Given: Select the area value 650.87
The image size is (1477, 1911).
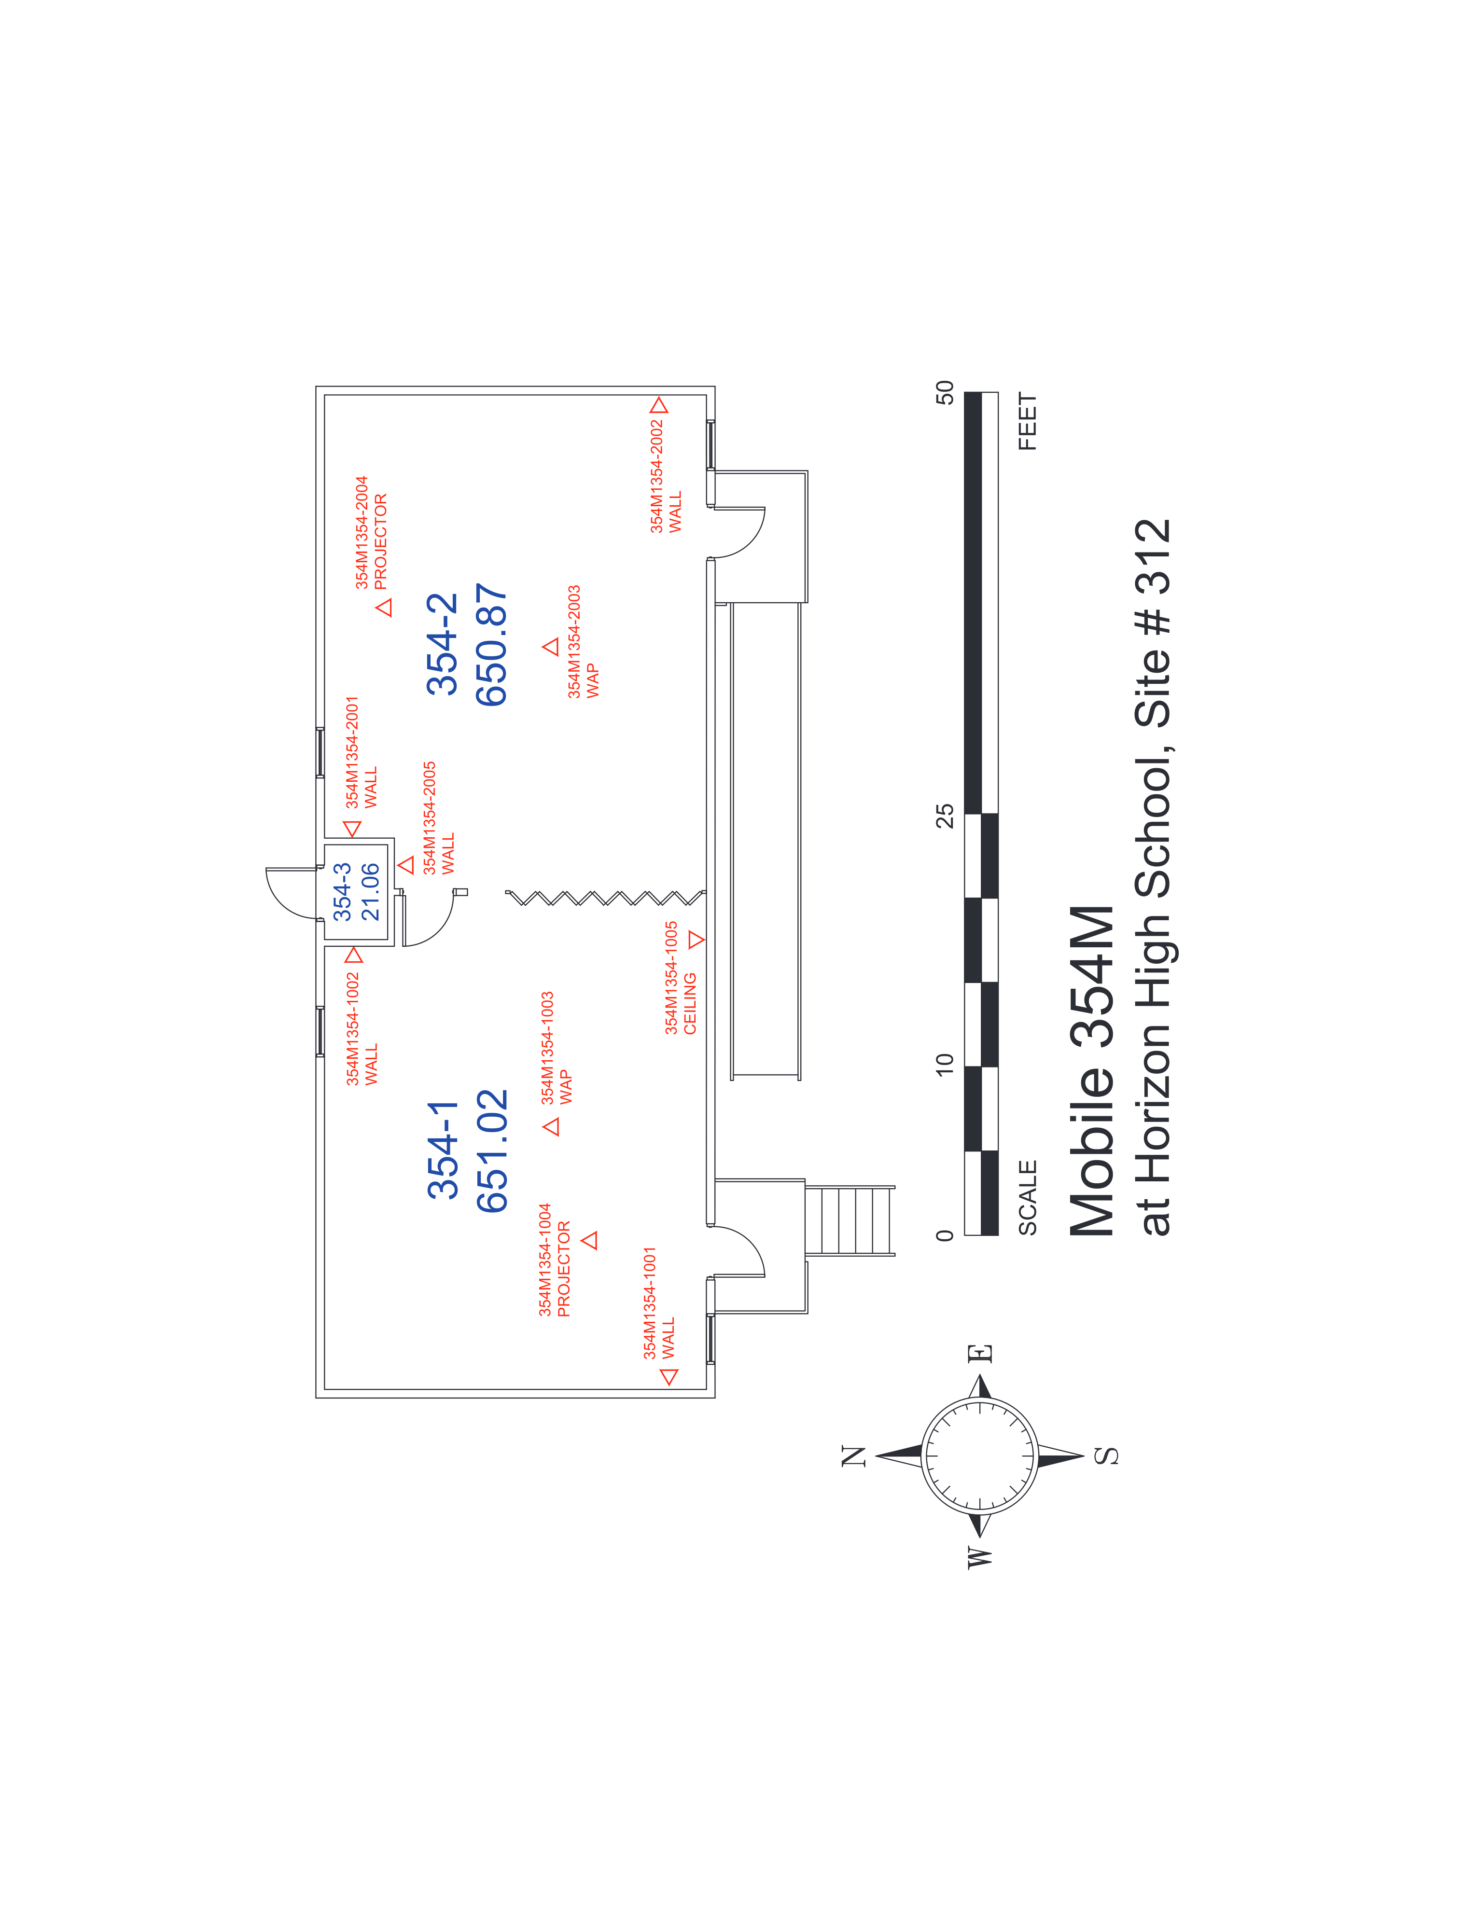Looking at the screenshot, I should (x=492, y=645).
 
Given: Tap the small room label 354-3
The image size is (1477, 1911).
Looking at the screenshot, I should (x=342, y=892).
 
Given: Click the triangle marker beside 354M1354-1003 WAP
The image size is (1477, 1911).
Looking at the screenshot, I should (x=551, y=1126).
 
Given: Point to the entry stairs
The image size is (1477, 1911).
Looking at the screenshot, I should (x=849, y=1220).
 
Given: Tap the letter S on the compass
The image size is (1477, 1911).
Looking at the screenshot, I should (x=1107, y=1456).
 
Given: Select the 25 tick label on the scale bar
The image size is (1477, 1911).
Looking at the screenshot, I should (x=945, y=816).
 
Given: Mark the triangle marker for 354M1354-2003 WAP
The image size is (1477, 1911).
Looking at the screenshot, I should (x=550, y=647).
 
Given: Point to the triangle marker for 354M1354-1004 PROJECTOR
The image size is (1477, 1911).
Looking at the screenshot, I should (x=591, y=1240).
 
